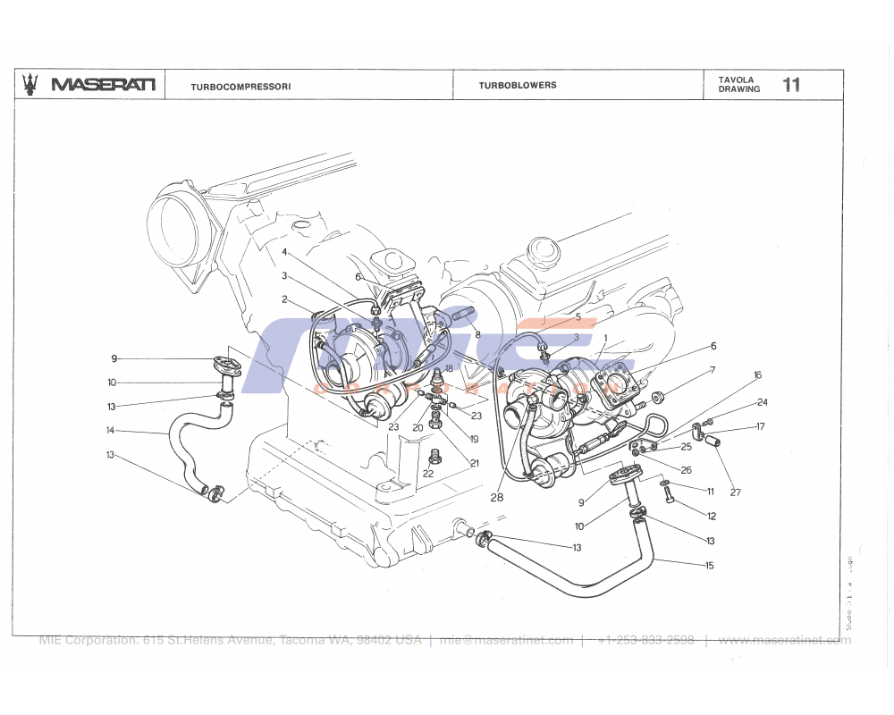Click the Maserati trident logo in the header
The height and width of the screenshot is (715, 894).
[x=31, y=84]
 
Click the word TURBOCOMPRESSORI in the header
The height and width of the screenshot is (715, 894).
[x=240, y=87]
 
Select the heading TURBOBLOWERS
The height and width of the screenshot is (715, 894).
[x=517, y=86]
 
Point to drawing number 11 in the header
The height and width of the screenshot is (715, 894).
[x=791, y=85]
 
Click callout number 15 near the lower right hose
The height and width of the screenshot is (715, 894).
[x=710, y=565]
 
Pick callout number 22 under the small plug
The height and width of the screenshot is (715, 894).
[x=428, y=474]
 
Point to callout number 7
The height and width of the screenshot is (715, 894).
[x=713, y=370]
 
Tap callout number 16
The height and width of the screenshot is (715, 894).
[x=757, y=375]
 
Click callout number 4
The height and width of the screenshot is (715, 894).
[x=284, y=252]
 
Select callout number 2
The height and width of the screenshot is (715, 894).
[x=284, y=299]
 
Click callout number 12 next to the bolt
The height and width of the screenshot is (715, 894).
[x=712, y=517]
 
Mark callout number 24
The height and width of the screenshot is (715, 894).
[x=762, y=403]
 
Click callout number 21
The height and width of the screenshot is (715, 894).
[x=475, y=463]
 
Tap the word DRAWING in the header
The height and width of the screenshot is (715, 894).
[x=738, y=89]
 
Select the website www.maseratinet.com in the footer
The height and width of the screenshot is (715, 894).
[x=784, y=640]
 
